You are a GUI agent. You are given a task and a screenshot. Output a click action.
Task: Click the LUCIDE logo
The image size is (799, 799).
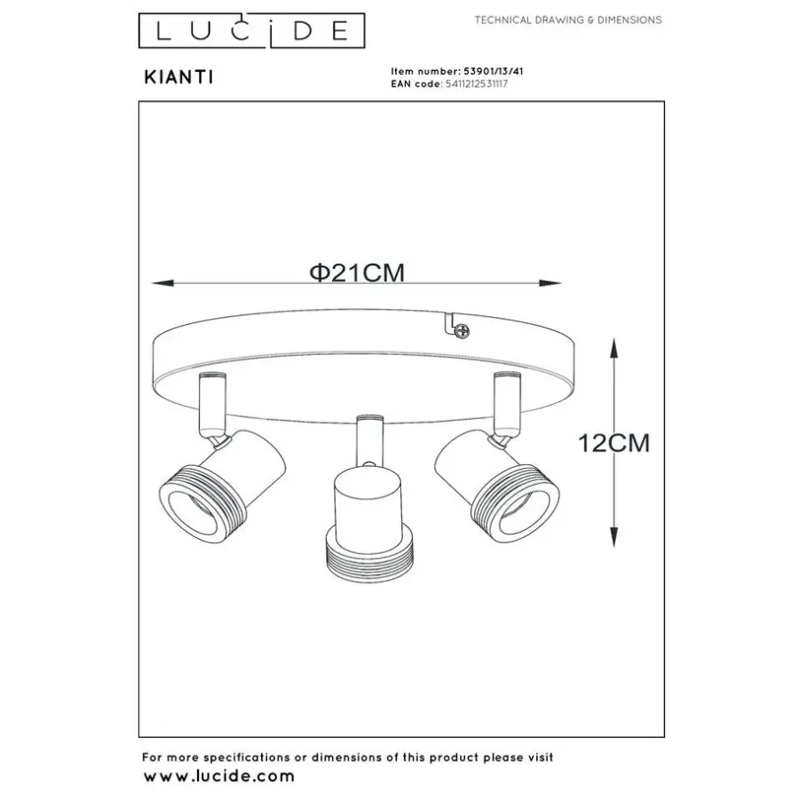pos(252,30)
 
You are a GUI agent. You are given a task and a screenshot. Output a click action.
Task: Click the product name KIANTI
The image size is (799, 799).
pos(178,77)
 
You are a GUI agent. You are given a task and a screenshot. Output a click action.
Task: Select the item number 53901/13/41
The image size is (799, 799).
pos(493,71)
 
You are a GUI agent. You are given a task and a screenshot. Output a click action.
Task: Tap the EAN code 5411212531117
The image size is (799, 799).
pos(477,84)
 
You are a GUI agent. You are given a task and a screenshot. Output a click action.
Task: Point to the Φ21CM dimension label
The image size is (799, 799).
pos(357,273)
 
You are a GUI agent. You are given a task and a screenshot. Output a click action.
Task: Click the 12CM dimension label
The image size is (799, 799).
pos(614,443)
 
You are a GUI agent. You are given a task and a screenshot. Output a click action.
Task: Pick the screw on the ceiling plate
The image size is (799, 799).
pos(462,332)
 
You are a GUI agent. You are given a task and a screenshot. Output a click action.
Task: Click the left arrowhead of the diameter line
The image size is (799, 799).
pos(163,283)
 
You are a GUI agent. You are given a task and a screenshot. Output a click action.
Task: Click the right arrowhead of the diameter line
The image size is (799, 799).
pos(550,283)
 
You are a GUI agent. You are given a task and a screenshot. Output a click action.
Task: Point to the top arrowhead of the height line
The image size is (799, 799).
pos(614,350)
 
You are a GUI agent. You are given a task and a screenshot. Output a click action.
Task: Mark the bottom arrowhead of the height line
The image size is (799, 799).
pos(614,536)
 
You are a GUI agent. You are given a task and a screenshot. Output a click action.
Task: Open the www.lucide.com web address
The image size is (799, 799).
pos(219,777)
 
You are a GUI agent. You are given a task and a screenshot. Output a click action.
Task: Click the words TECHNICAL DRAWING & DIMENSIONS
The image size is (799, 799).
pos(568,20)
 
